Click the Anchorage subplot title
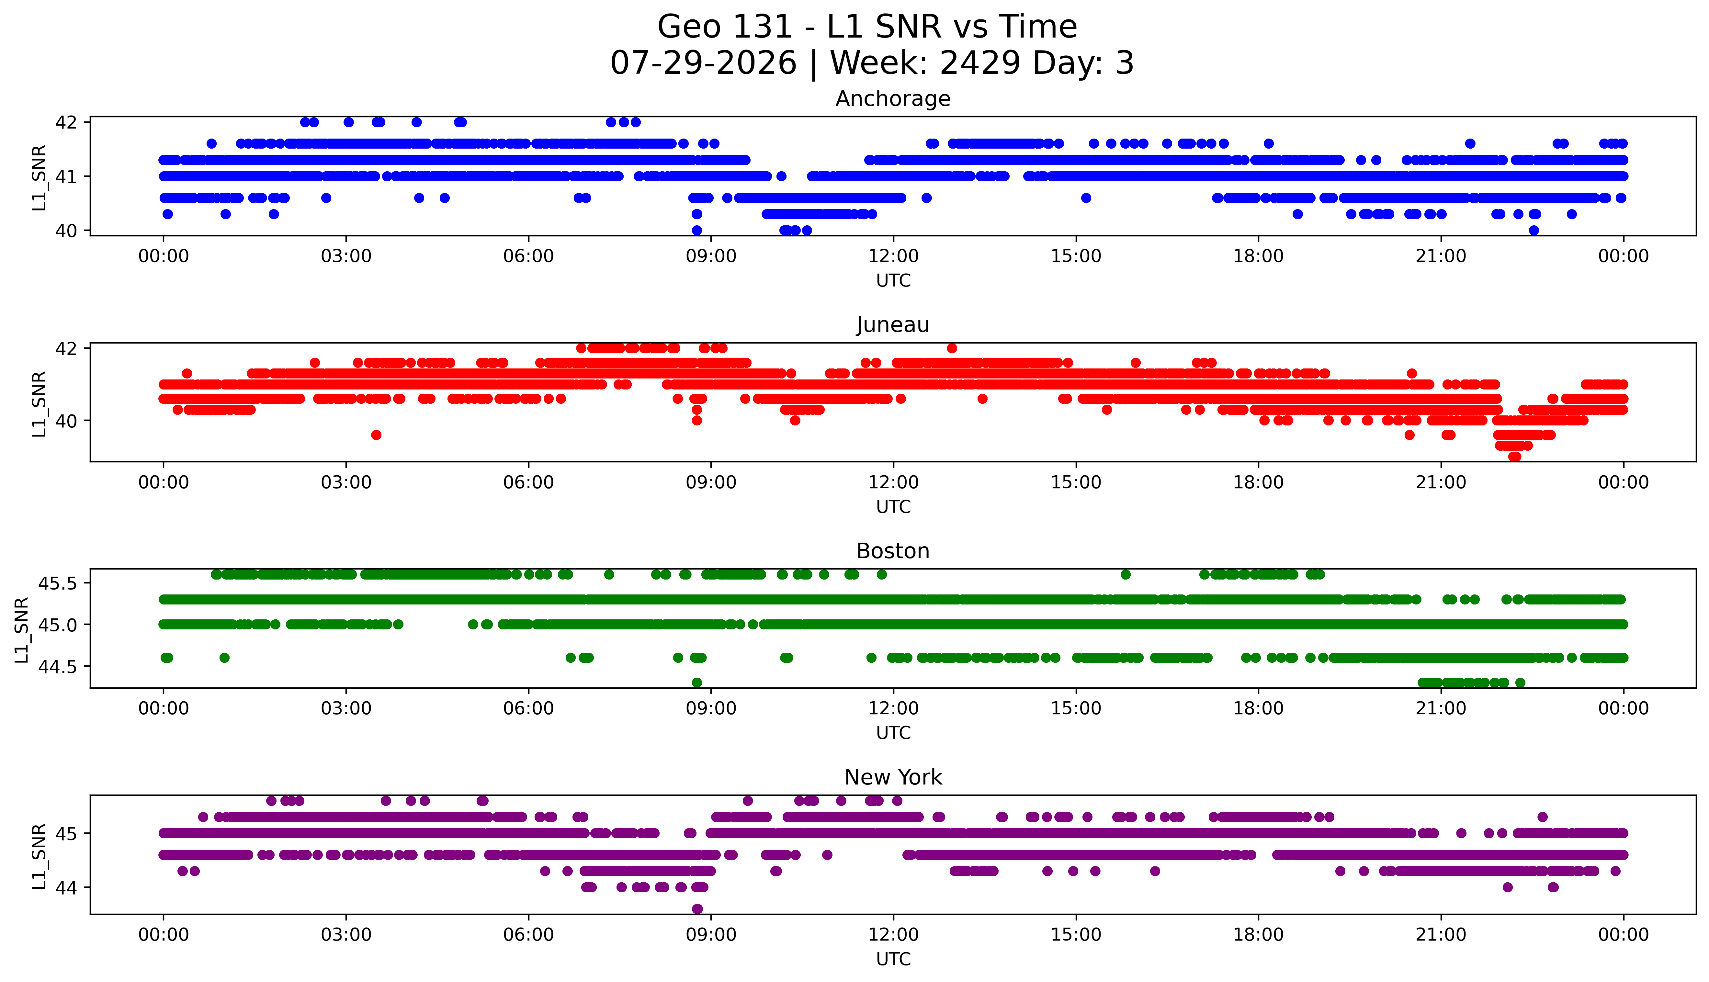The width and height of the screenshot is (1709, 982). (893, 99)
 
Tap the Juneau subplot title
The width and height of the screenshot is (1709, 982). (893, 325)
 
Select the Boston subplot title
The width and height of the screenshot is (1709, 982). (893, 551)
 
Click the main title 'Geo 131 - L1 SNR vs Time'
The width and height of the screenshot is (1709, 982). (867, 27)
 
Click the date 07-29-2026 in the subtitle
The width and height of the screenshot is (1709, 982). (703, 63)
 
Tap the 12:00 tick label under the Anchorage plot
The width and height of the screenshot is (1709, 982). (893, 256)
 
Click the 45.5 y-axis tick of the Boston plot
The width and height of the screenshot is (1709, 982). (59, 583)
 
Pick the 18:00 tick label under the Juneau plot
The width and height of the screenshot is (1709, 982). (1259, 482)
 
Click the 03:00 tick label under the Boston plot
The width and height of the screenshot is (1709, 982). (346, 708)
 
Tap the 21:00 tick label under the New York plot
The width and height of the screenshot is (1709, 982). (1441, 935)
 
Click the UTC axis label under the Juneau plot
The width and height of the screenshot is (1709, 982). (893, 506)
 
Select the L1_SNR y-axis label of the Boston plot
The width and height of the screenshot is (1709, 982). (22, 630)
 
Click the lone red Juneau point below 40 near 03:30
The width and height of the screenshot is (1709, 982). (376, 435)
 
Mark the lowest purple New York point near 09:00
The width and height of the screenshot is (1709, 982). (697, 909)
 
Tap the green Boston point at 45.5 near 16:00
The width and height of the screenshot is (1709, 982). (1125, 575)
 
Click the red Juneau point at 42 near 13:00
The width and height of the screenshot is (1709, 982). (952, 348)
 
